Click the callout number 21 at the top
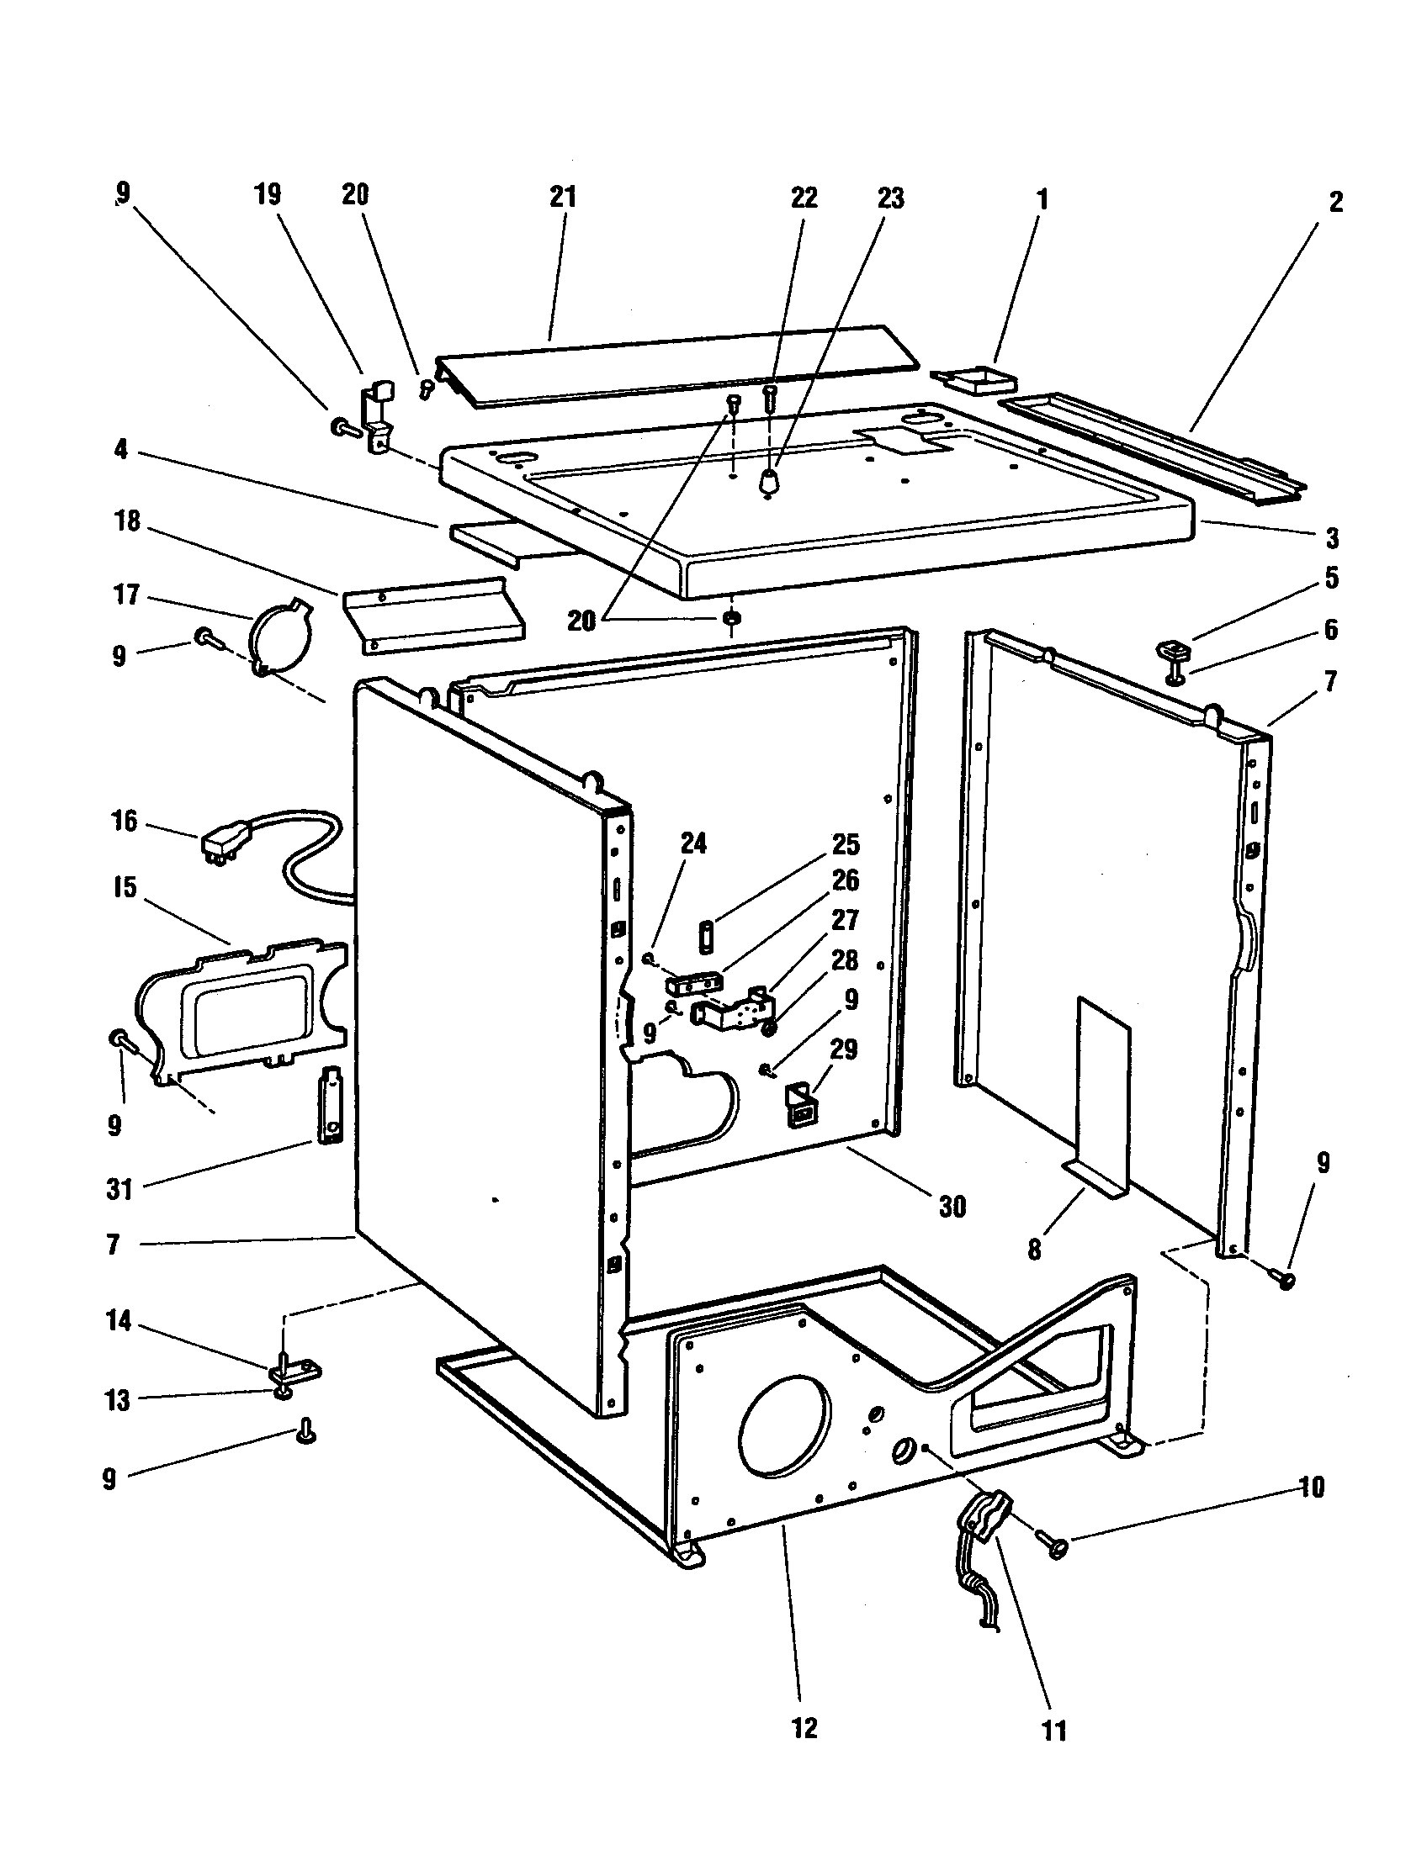(563, 197)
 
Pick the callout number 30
(952, 1206)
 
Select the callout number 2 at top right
(1335, 202)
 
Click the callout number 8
(1034, 1250)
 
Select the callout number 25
(846, 844)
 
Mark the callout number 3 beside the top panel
(1332, 537)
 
